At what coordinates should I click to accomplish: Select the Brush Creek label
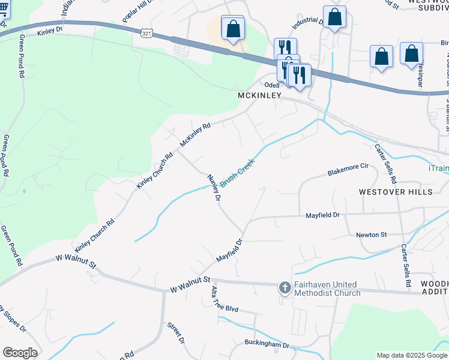pyautogui.click(x=238, y=172)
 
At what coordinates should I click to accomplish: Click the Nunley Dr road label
pyautogui.click(x=214, y=187)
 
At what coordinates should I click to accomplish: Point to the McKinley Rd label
pyautogui.click(x=196, y=136)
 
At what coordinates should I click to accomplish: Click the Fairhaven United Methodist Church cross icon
pyautogui.click(x=285, y=289)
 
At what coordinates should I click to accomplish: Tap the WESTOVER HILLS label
pyautogui.click(x=395, y=192)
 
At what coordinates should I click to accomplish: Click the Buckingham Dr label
pyautogui.click(x=267, y=345)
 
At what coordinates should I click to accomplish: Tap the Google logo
pyautogui.click(x=20, y=353)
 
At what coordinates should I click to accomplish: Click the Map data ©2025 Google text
pyautogui.click(x=411, y=355)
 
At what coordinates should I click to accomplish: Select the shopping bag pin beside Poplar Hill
pyautogui.click(x=232, y=28)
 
